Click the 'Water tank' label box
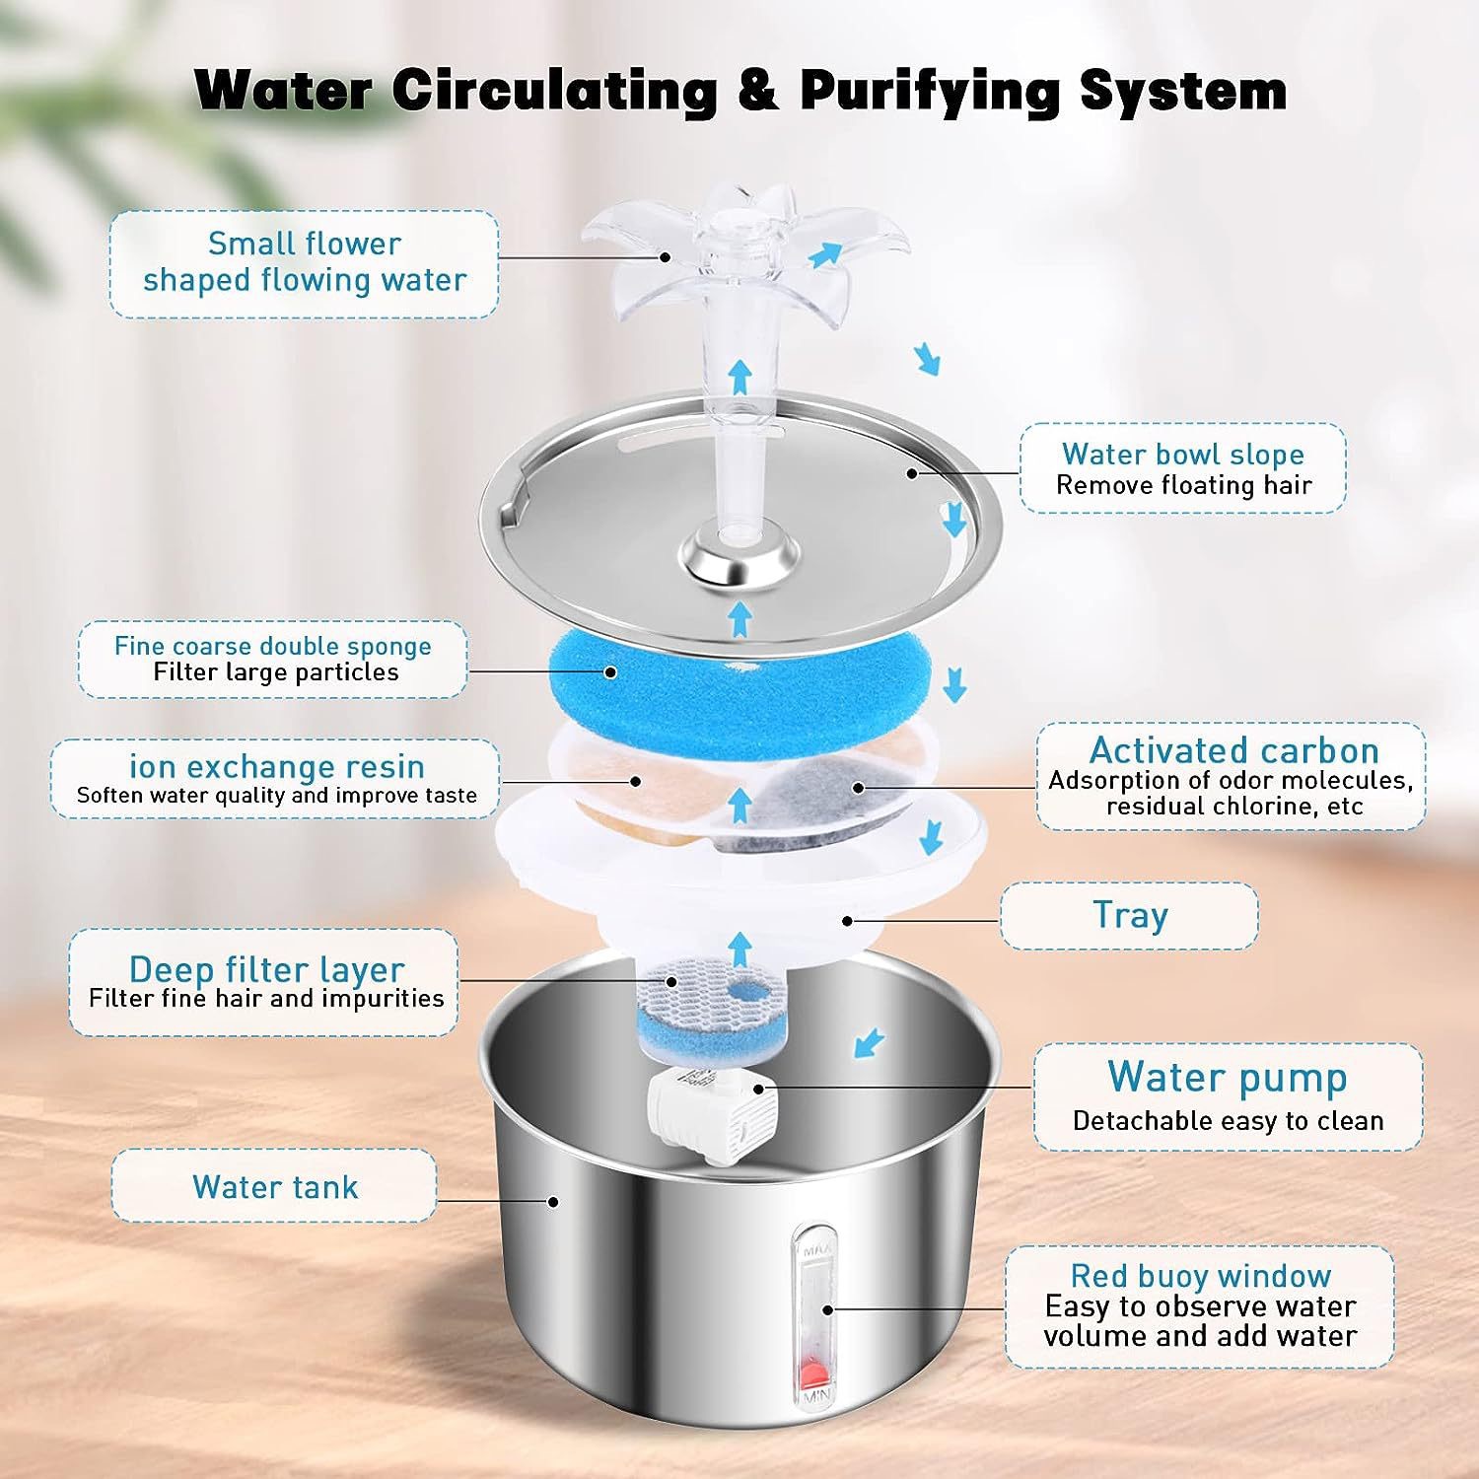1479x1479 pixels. [x=274, y=1186]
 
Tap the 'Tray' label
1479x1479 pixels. [x=1129, y=915]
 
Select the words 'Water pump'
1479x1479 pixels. [x=1227, y=1077]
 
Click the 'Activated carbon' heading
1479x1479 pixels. [x=1233, y=750]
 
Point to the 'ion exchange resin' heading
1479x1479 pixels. [x=277, y=766]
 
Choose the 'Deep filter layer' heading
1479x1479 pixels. [x=266, y=969]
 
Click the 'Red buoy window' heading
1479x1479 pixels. [x=1200, y=1276]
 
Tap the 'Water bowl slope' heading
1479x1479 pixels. [x=1182, y=454]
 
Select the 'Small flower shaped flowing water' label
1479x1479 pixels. [x=304, y=262]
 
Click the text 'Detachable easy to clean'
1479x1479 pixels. [x=1228, y=1121]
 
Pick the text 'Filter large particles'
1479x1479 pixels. [x=276, y=672]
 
